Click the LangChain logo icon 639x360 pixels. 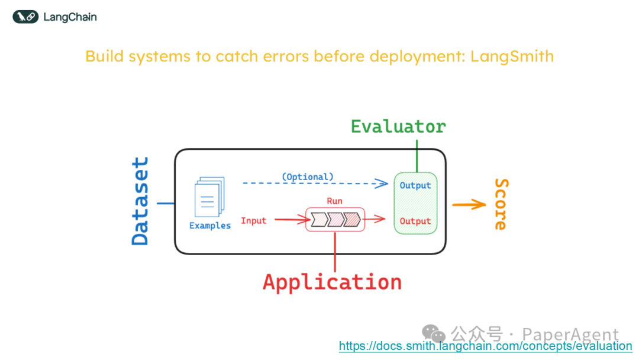coord(25,17)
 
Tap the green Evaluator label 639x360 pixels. coord(398,127)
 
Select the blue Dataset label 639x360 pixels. coord(140,201)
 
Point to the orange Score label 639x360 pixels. coord(501,204)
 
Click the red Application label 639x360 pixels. coord(332,282)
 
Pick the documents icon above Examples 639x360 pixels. coord(209,197)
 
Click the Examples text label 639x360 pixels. coord(210,226)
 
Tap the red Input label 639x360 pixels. coord(254,221)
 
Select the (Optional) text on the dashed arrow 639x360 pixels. coord(307,176)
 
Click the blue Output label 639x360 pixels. coord(415,185)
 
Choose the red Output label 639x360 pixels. coord(415,221)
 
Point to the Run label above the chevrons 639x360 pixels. coord(334,201)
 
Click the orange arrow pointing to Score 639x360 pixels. coord(469,205)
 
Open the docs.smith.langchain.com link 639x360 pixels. coord(485,346)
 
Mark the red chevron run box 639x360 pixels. coord(335,220)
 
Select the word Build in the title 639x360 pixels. coord(105,57)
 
